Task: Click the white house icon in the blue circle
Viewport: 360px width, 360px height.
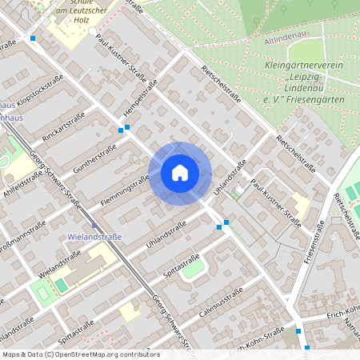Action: pos(180,172)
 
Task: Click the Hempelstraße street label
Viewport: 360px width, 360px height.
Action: pos(136,105)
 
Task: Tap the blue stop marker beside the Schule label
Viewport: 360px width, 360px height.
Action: pos(33,38)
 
